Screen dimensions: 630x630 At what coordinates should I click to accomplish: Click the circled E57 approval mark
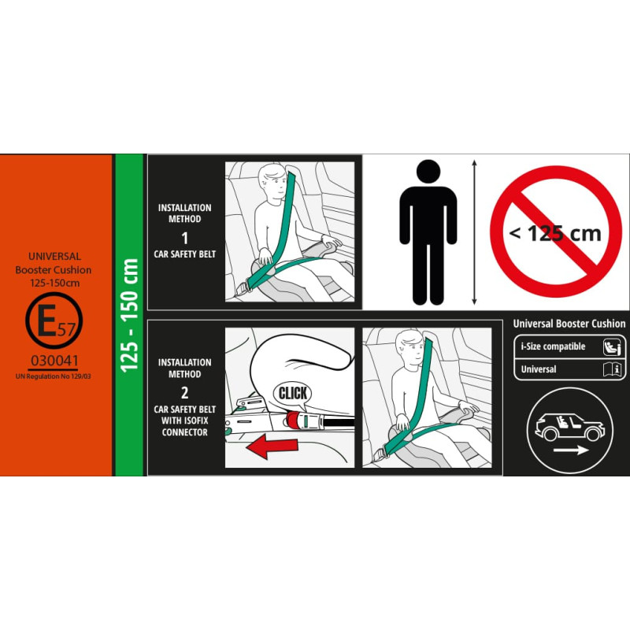click(54, 321)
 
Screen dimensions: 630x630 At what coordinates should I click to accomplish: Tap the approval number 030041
click(54, 361)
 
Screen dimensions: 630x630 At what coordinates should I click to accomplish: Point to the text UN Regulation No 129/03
click(53, 376)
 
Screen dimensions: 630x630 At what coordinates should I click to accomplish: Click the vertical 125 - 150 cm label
click(129, 316)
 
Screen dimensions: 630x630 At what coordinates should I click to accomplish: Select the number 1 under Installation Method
click(185, 239)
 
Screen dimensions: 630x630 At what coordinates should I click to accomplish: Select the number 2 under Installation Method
click(185, 392)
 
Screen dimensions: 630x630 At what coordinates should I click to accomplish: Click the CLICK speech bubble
click(292, 394)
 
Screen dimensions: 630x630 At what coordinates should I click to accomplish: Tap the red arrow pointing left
click(272, 446)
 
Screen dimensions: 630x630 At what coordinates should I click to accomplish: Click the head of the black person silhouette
click(428, 172)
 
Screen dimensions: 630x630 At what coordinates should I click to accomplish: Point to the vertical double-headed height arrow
click(475, 232)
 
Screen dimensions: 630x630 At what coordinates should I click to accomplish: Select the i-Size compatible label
click(553, 346)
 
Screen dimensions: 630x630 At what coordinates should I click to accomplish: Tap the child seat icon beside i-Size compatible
click(612, 347)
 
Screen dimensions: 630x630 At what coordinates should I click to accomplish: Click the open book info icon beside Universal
click(613, 369)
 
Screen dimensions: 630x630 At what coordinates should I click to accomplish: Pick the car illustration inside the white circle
click(569, 427)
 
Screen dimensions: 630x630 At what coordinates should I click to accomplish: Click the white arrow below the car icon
click(571, 450)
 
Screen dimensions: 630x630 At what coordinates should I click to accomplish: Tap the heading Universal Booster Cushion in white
click(569, 324)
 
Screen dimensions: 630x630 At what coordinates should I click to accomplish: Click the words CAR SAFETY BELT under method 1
click(185, 254)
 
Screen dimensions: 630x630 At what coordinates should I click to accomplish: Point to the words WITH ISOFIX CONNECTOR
click(185, 427)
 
